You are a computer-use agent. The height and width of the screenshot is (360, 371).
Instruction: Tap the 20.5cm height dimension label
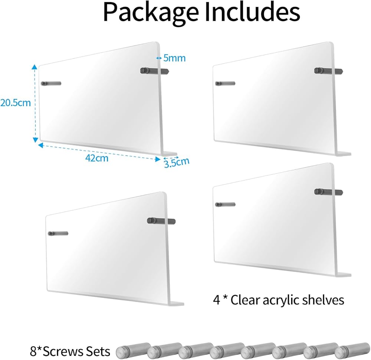tap(15, 102)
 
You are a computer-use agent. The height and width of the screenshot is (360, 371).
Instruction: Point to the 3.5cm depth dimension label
tap(177, 162)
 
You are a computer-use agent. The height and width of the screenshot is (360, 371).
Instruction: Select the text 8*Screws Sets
tap(70, 351)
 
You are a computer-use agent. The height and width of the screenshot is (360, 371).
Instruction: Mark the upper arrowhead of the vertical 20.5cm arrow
tap(35, 67)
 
